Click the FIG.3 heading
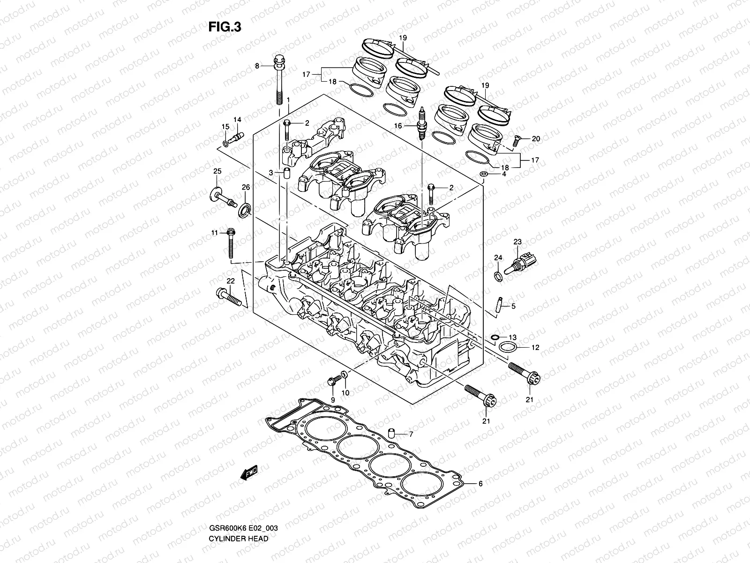225,27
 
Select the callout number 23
517,242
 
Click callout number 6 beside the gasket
480,483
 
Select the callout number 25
217,171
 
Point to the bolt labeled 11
230,243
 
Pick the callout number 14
237,120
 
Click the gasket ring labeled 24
499,276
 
